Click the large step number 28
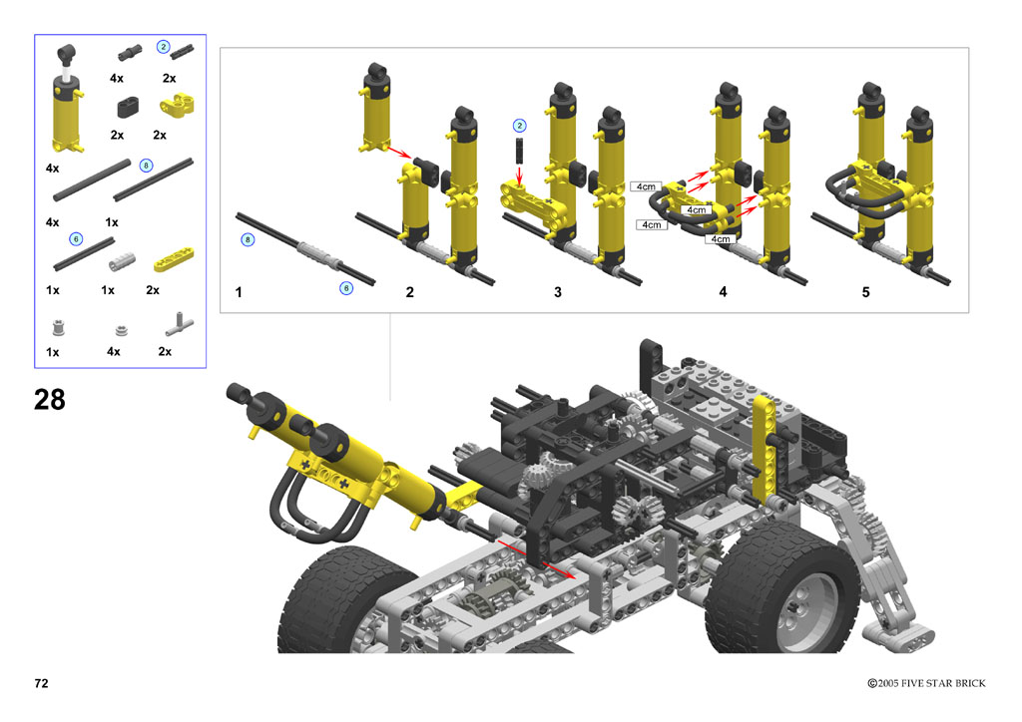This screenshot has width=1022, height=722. click(x=50, y=399)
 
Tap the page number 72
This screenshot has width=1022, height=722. click(x=41, y=683)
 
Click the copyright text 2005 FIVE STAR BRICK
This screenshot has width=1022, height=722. click(x=931, y=683)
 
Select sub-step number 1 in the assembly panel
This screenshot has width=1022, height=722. click(x=239, y=292)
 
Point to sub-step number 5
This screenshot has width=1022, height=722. click(x=865, y=292)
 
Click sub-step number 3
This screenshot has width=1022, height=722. click(x=558, y=292)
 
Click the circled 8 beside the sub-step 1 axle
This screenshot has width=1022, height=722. click(x=248, y=239)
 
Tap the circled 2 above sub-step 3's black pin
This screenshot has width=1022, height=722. click(x=519, y=126)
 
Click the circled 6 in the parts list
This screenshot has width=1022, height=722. click(x=76, y=239)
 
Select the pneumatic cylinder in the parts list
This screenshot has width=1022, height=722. click(x=67, y=99)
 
